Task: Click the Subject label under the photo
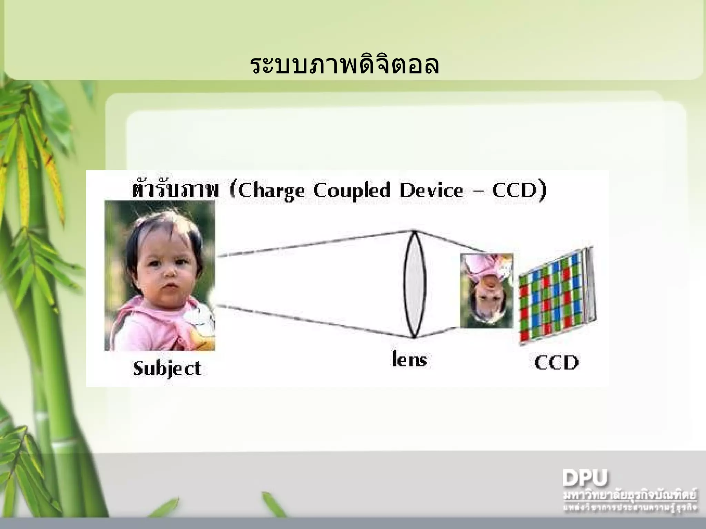(167, 369)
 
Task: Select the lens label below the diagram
(410, 360)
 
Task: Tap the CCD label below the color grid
(556, 363)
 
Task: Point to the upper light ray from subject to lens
(314, 243)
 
